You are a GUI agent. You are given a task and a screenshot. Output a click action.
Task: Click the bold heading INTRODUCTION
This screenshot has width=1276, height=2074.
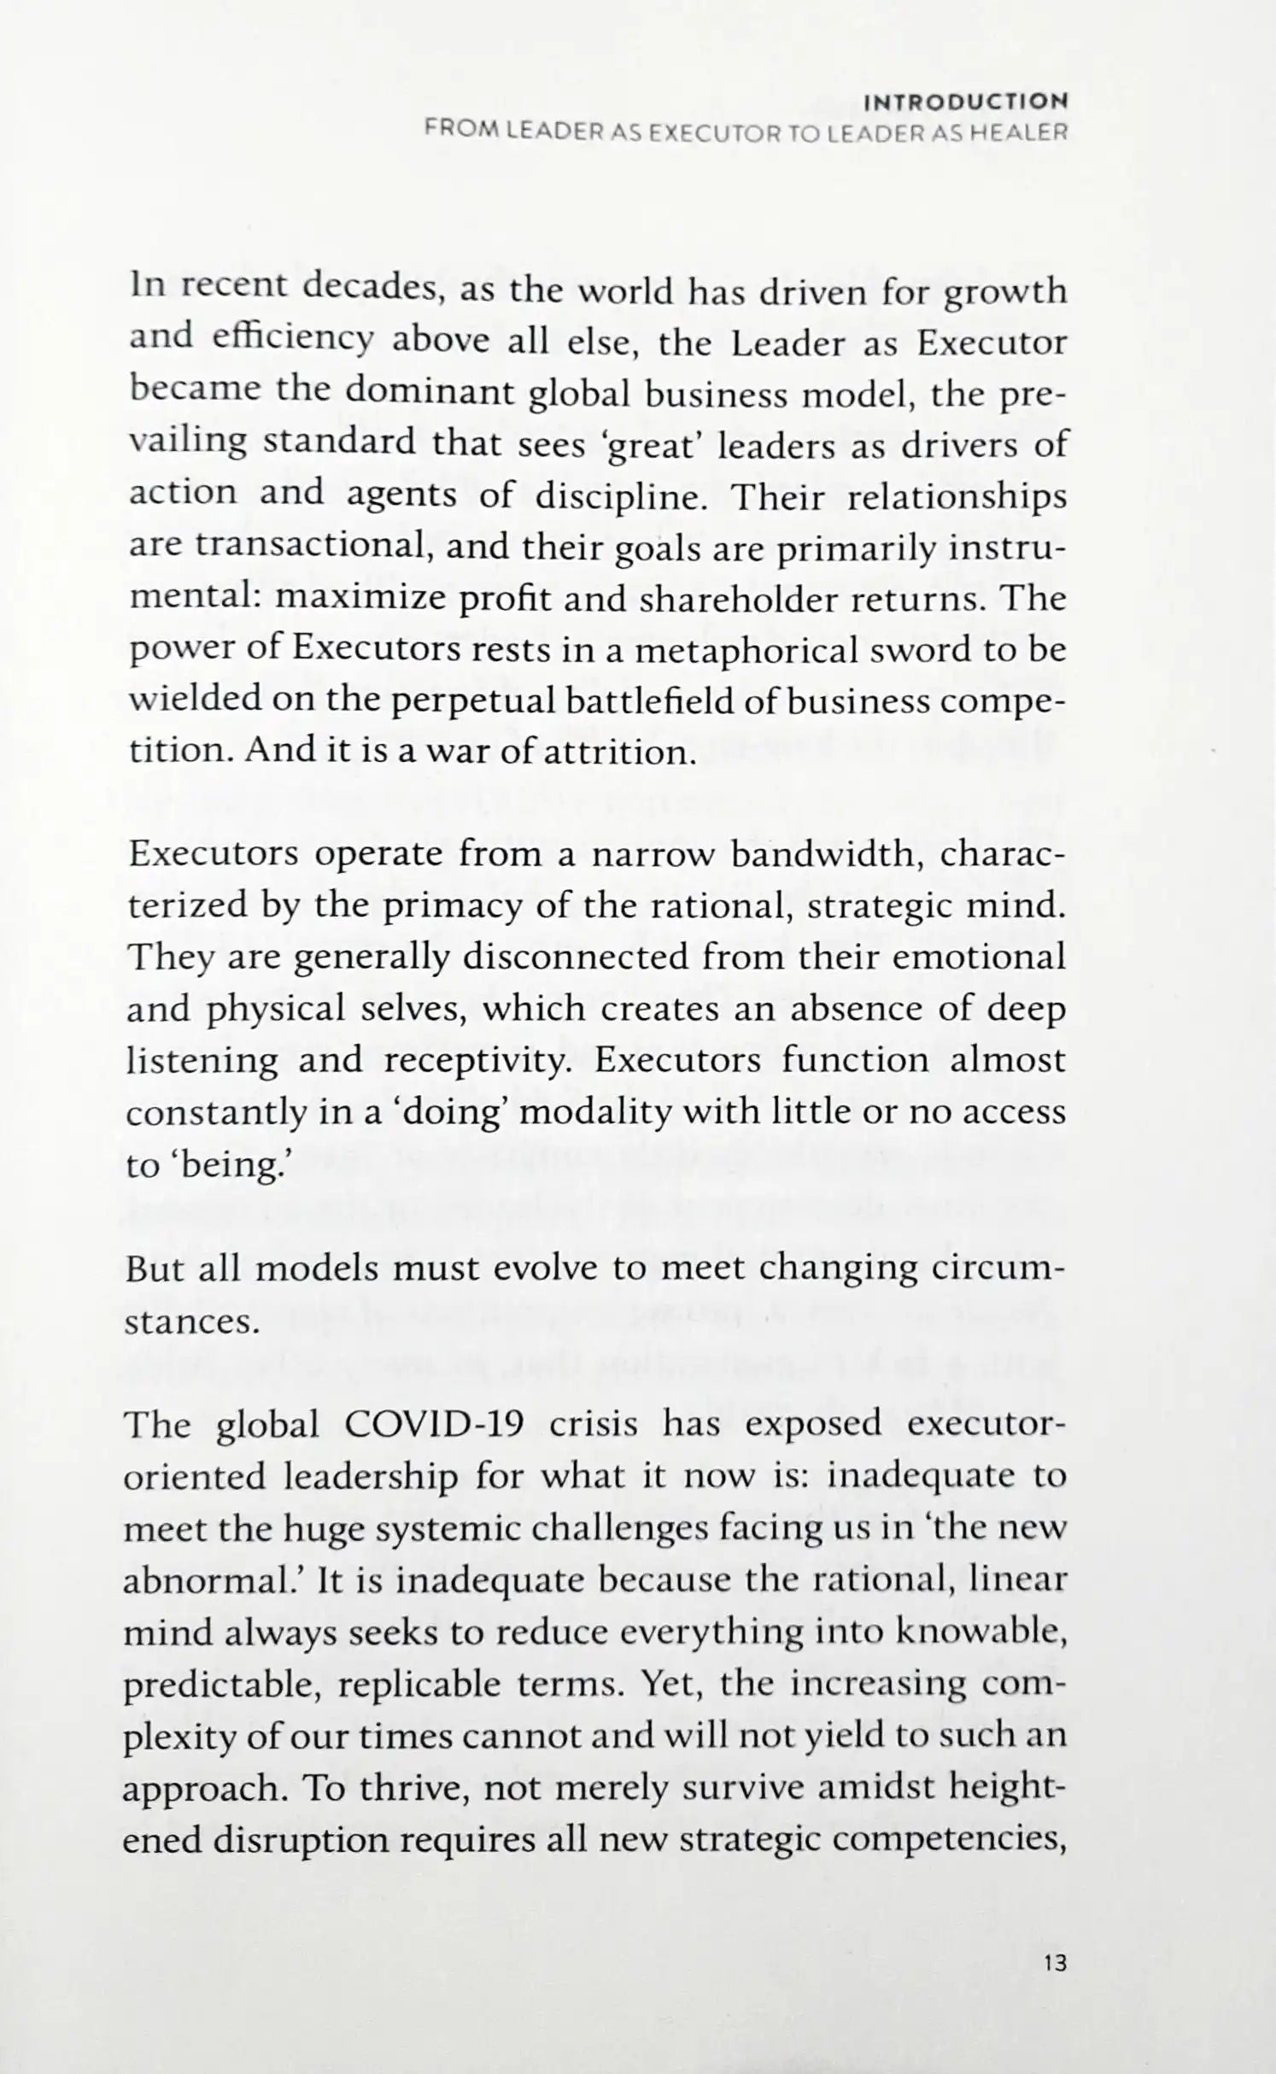(x=965, y=103)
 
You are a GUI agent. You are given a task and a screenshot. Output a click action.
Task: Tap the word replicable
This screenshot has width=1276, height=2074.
(x=419, y=1686)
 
